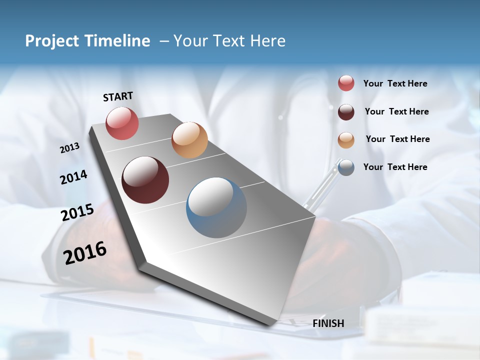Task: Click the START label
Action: coord(118,96)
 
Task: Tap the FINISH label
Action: coord(328,323)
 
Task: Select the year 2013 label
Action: coord(69,148)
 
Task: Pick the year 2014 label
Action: coord(73,177)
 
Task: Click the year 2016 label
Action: coord(85,253)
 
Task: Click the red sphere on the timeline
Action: coord(122,123)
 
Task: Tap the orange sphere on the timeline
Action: coord(189,140)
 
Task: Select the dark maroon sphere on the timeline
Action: coord(145,180)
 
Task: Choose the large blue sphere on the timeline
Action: coord(216,207)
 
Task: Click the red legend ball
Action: coord(346,83)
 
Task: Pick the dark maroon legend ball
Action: coord(346,111)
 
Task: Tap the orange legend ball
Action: coord(346,139)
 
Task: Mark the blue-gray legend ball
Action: coord(346,167)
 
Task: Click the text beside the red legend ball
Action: coord(395,83)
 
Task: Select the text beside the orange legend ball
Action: coord(397,139)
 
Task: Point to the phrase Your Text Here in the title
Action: coord(229,41)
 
